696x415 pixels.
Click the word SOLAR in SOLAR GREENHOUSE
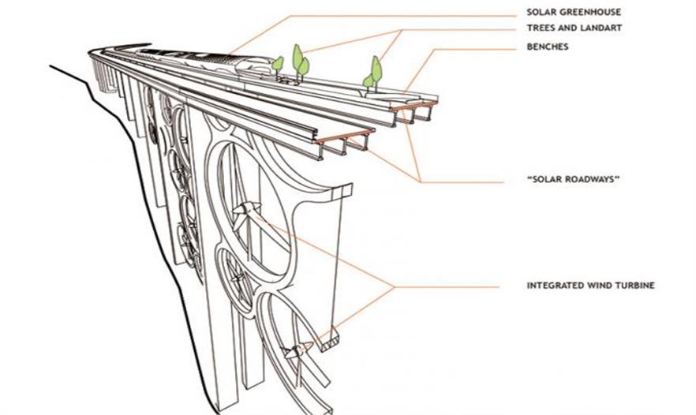541,12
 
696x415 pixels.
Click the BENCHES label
547,47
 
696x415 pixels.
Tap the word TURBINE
634,286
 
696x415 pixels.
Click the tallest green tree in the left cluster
297,57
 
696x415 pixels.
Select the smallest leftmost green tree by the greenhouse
278,63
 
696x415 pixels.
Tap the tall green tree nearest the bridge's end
376,69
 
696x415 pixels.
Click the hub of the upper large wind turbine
245,210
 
